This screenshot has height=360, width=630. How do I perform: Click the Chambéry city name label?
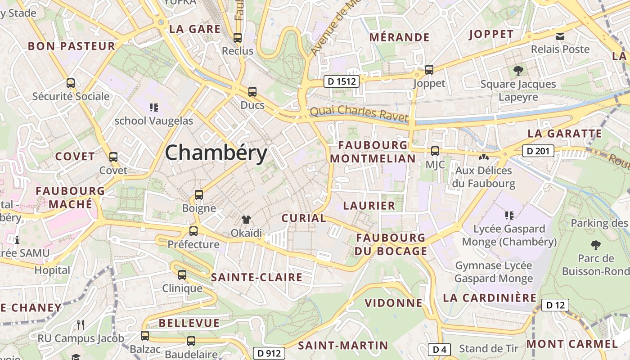click(x=216, y=153)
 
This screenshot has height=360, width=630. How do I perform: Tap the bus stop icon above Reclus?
click(x=237, y=38)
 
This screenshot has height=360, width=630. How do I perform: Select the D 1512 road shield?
click(x=342, y=81)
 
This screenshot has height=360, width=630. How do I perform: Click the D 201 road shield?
click(x=538, y=151)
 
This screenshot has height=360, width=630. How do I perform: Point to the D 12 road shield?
click(x=555, y=305)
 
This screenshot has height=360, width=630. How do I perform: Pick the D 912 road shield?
click(x=270, y=353)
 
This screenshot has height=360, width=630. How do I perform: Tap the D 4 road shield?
click(x=439, y=349)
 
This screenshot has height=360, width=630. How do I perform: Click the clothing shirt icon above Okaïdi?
click(x=246, y=220)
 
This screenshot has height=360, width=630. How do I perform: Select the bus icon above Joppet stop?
click(x=429, y=70)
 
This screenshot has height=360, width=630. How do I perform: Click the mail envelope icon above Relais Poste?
click(x=560, y=36)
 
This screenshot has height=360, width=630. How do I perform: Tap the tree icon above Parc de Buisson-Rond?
click(x=596, y=245)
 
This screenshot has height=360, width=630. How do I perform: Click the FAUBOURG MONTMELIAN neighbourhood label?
click(x=373, y=152)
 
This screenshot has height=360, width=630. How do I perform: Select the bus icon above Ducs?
click(x=252, y=92)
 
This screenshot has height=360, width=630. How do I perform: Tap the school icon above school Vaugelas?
click(x=154, y=107)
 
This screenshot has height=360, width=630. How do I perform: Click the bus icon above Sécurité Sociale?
click(x=71, y=83)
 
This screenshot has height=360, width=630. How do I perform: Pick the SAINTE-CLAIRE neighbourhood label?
click(x=256, y=277)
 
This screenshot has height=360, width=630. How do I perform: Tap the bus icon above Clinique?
click(x=182, y=274)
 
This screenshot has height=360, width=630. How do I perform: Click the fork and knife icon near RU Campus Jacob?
click(x=81, y=324)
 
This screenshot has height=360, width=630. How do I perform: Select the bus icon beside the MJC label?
click(x=435, y=151)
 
